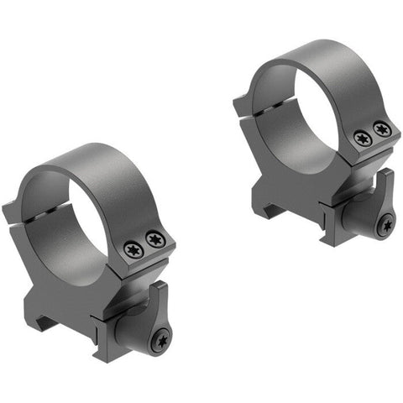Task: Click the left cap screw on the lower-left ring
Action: click(x=133, y=249)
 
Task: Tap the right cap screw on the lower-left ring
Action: click(x=154, y=240)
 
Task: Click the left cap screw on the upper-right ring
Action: click(x=363, y=139)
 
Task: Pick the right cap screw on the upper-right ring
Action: click(x=382, y=129)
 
